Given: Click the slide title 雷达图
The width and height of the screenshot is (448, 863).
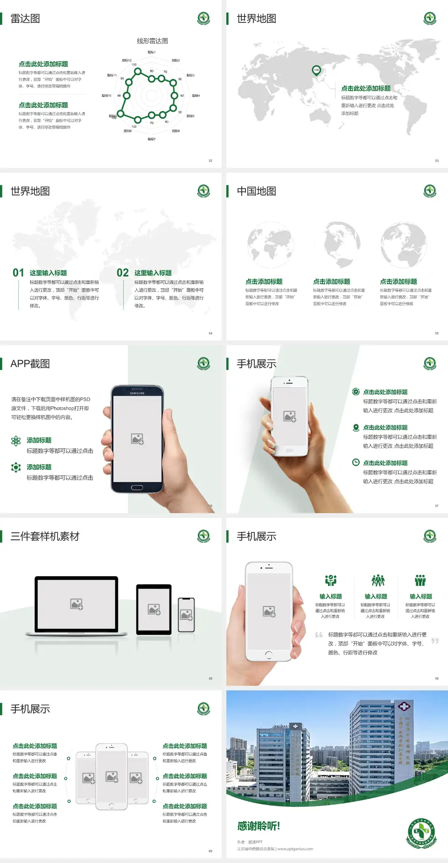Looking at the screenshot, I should pos(25,19).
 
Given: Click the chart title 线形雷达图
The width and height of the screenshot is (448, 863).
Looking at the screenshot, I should pos(152,41).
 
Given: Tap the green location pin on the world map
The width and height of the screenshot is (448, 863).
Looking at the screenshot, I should pos(316,70).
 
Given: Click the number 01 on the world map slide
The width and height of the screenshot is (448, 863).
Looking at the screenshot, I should pos(18,273).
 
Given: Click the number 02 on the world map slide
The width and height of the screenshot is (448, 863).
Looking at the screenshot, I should pos(123,273).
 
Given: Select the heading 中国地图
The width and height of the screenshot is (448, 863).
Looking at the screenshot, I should pos(256,191).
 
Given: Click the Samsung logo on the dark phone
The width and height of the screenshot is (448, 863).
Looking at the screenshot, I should pos(137,393).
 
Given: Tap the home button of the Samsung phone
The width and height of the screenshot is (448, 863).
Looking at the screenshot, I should pos(137,487).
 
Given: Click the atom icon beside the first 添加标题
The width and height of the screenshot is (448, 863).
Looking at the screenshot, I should pos(16,441).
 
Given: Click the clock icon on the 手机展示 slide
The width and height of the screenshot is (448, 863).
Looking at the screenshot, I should pos(356,462).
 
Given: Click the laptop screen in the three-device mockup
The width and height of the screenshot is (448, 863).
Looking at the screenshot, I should pos(77,604).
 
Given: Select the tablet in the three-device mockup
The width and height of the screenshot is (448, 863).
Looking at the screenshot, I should pos(154,609).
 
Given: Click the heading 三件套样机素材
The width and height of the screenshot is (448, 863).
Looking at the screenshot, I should pos(45,536).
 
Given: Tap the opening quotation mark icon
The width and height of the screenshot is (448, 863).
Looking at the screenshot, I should pos(319,635).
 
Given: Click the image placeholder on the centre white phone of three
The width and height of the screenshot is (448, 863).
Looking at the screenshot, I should pos(112,776).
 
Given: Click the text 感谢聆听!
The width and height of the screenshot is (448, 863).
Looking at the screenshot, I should pos(259,826).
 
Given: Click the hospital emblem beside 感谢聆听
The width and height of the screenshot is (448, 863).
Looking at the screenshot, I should pos(421,833).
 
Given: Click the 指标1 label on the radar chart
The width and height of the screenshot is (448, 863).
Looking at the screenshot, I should pos(152,52).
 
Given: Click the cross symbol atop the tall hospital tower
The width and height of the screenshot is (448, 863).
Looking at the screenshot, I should pos(404,707).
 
